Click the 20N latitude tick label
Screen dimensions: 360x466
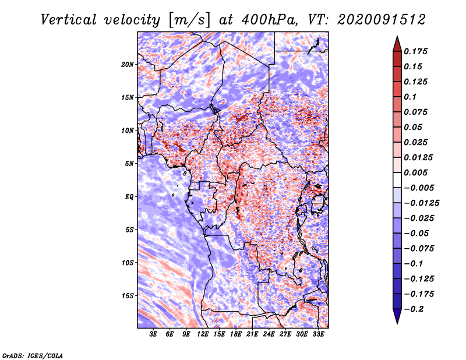pyautogui.click(x=128, y=64)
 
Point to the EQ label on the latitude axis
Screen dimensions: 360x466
pyautogui.click(x=129, y=197)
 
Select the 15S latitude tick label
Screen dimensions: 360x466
pyautogui.click(x=128, y=295)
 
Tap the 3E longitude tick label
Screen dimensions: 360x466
pyautogui.click(x=154, y=334)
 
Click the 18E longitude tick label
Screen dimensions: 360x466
pyautogui.click(x=236, y=334)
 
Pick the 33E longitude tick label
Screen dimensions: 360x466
pyautogui.click(x=319, y=334)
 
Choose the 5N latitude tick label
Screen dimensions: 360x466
pyautogui.click(x=130, y=164)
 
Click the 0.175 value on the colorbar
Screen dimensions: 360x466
pyautogui.click(x=417, y=51)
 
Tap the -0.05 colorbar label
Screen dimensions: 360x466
pyautogui.click(x=417, y=233)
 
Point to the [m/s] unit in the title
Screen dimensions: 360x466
pyautogui.click(x=188, y=20)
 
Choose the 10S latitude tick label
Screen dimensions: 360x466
pyautogui.click(x=128, y=263)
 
